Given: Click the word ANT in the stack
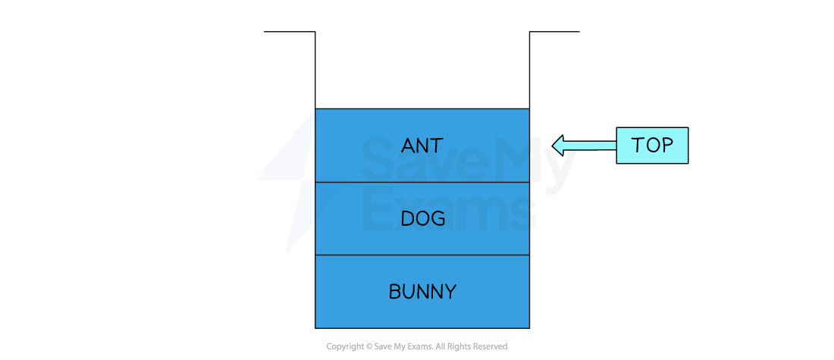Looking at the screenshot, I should click(422, 146).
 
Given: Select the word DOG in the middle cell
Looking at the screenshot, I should click(422, 219).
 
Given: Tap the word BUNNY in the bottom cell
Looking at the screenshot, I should click(422, 292).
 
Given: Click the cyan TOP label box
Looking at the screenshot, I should click(652, 146).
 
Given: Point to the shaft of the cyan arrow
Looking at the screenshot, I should click(591, 146).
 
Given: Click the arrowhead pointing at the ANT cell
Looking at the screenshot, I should click(558, 146).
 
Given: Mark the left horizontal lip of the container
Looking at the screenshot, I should click(290, 32).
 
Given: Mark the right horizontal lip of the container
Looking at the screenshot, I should click(554, 32).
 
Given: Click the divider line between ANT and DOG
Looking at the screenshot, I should click(422, 182).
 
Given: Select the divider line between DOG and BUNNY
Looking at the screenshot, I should click(422, 255).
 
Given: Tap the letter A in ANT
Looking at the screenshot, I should click(407, 146).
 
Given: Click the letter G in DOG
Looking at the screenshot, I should click(437, 219).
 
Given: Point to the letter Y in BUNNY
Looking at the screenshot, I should click(450, 292).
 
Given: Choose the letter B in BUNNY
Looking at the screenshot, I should click(394, 292).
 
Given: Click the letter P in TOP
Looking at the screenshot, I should click(666, 146).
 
